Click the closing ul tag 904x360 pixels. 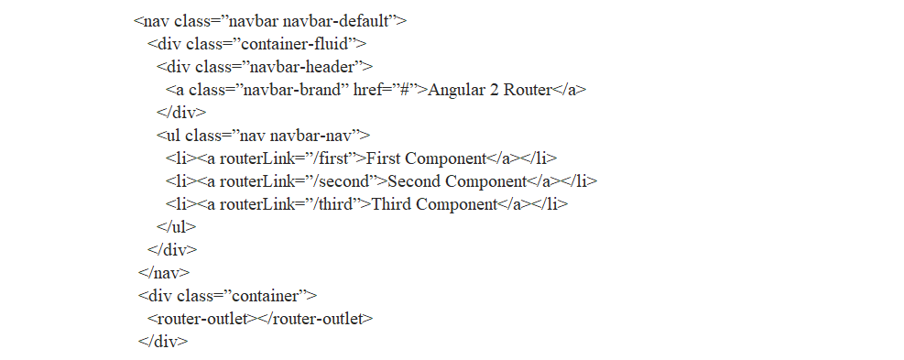177,226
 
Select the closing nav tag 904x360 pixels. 164,272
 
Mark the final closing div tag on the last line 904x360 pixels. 163,341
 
